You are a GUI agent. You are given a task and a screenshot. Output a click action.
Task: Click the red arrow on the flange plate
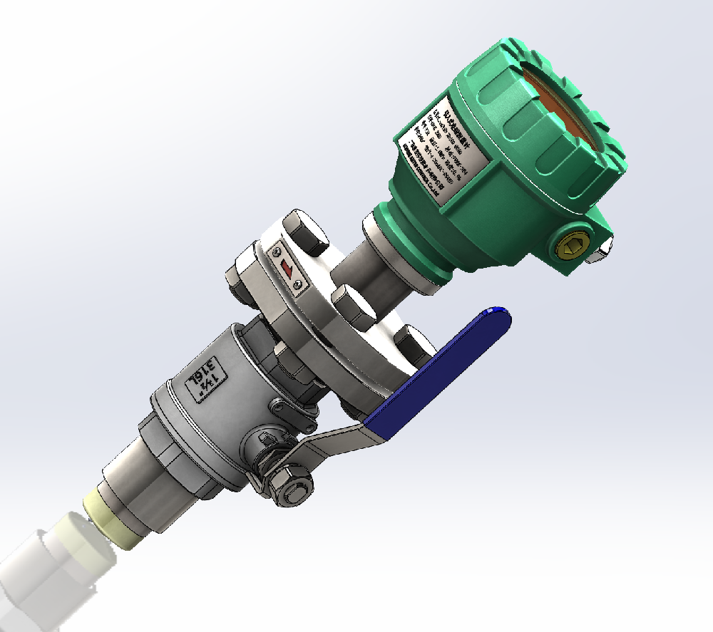pyautogui.click(x=286, y=269)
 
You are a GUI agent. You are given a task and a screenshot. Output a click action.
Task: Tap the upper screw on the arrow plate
pyautogui.click(x=275, y=250)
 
